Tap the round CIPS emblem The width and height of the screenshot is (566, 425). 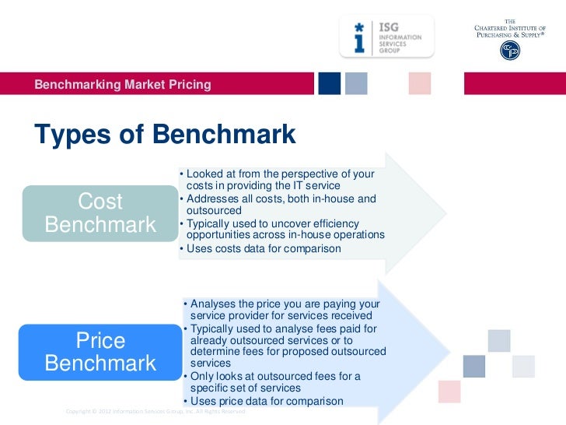[510, 50]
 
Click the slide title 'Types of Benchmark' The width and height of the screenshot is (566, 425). [165, 134]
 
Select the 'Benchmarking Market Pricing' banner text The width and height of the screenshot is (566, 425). [123, 84]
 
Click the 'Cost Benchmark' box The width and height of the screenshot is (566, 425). [100, 213]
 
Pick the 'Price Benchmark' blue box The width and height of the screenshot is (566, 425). [100, 352]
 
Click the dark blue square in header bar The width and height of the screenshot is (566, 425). [329, 83]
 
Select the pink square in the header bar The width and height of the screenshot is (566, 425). [419, 83]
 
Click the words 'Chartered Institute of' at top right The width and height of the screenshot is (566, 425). [511, 29]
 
